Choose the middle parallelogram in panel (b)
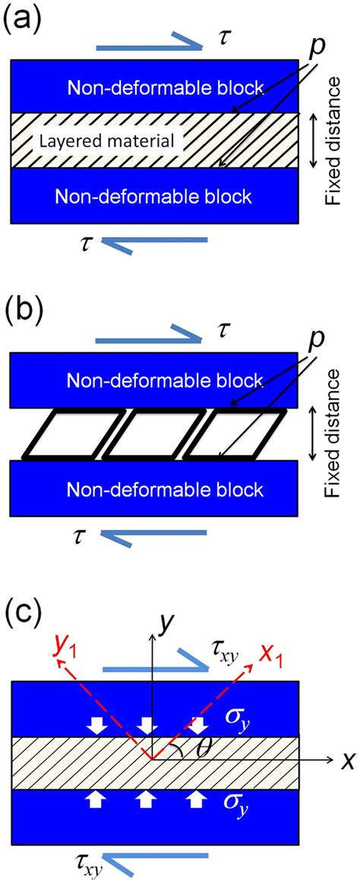144,434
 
